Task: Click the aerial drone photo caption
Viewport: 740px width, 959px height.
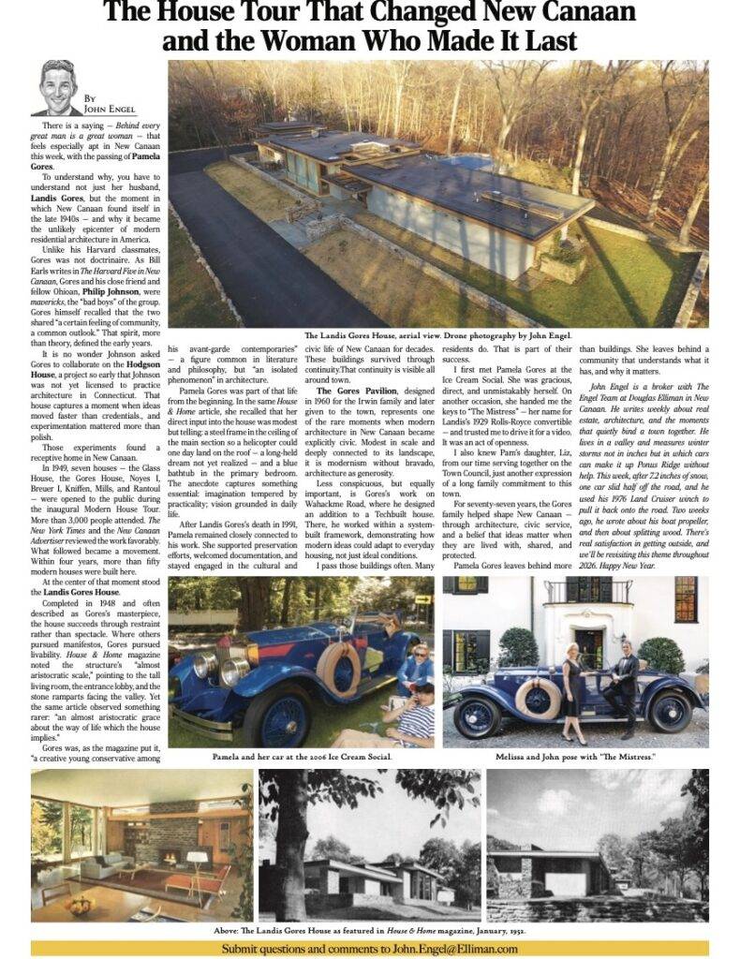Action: (x=439, y=334)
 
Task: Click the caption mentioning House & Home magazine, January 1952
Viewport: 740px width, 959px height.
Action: (x=370, y=932)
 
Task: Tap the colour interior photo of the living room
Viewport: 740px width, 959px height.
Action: (x=141, y=846)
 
